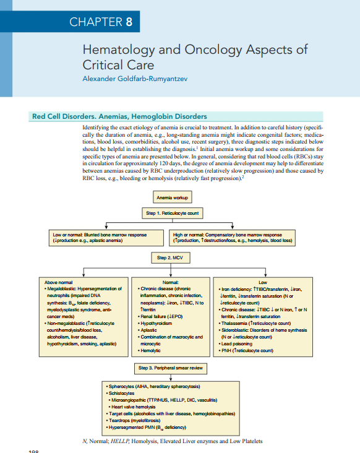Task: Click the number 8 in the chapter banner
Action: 129,23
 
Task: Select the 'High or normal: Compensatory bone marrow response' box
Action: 231,237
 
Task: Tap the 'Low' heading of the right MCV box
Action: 262,282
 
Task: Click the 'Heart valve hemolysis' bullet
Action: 138,405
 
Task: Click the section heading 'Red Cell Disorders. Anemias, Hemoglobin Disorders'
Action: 119,116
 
